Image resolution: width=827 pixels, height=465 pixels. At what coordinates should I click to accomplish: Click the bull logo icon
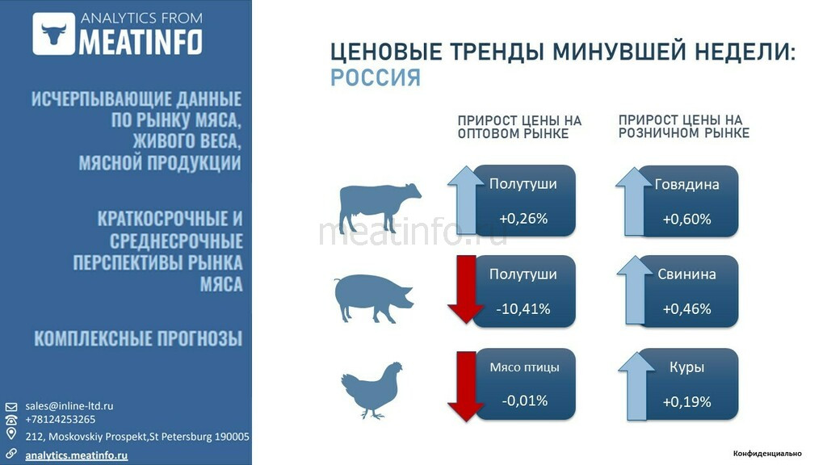tap(54, 34)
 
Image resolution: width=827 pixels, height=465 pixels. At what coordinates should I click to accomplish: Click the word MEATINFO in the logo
tap(141, 42)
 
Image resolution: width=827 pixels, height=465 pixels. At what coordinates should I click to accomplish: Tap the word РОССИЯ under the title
tap(376, 77)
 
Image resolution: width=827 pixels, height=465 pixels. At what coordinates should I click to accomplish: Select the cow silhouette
tap(380, 207)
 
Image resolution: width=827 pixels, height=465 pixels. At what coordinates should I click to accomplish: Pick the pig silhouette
tap(373, 298)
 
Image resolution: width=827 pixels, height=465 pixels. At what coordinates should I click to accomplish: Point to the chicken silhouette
tap(372, 390)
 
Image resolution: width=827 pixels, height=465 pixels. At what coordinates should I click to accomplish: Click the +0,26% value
tap(523, 218)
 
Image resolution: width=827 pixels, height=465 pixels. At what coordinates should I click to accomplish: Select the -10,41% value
tap(523, 308)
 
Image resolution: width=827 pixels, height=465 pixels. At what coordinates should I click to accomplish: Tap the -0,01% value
tap(524, 400)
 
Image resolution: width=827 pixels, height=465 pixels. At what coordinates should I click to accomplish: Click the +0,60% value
tap(686, 219)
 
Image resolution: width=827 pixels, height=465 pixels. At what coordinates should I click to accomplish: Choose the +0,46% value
tap(686, 308)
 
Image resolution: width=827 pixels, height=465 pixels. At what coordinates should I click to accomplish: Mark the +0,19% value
tap(686, 402)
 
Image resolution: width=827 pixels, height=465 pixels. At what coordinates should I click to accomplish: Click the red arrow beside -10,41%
tap(466, 290)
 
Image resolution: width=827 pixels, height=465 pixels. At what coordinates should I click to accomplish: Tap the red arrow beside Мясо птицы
tap(466, 387)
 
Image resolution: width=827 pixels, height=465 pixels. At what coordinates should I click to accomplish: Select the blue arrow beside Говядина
tap(633, 201)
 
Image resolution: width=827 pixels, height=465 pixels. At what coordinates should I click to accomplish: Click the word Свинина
tap(686, 274)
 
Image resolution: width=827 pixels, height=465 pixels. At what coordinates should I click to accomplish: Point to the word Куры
tap(686, 367)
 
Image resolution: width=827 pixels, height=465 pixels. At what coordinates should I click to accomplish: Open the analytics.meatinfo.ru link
tap(77, 455)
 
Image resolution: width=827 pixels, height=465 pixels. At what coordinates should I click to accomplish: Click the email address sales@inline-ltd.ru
tap(69, 406)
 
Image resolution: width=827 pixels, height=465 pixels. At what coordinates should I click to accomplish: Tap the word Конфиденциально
tap(767, 454)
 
